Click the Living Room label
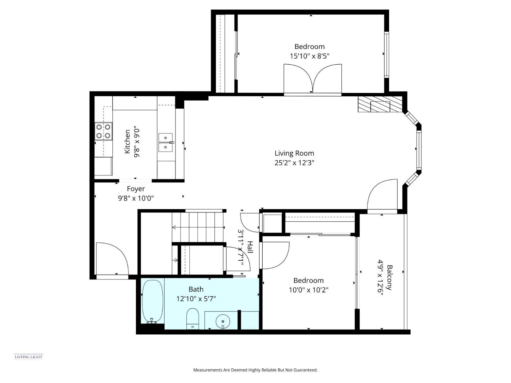294,153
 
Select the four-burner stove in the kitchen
103,131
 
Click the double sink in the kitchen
166,143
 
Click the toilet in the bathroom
192,318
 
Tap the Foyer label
136,189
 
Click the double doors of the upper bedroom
312,79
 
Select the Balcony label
389,277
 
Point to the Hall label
250,247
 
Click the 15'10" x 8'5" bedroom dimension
309,56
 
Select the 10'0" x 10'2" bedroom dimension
308,290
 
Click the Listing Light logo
29,357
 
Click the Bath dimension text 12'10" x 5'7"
196,299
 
